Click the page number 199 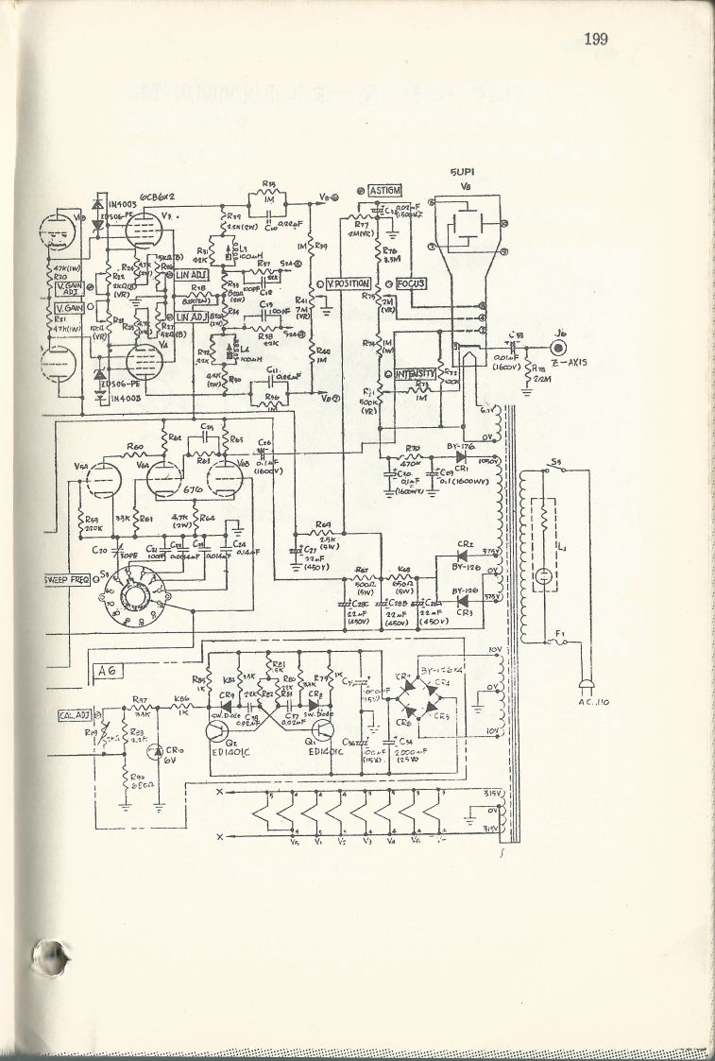tap(595, 39)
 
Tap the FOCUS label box tap(411, 283)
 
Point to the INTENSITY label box tap(414, 374)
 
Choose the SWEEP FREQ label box tap(65, 577)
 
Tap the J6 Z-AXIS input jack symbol tap(565, 347)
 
